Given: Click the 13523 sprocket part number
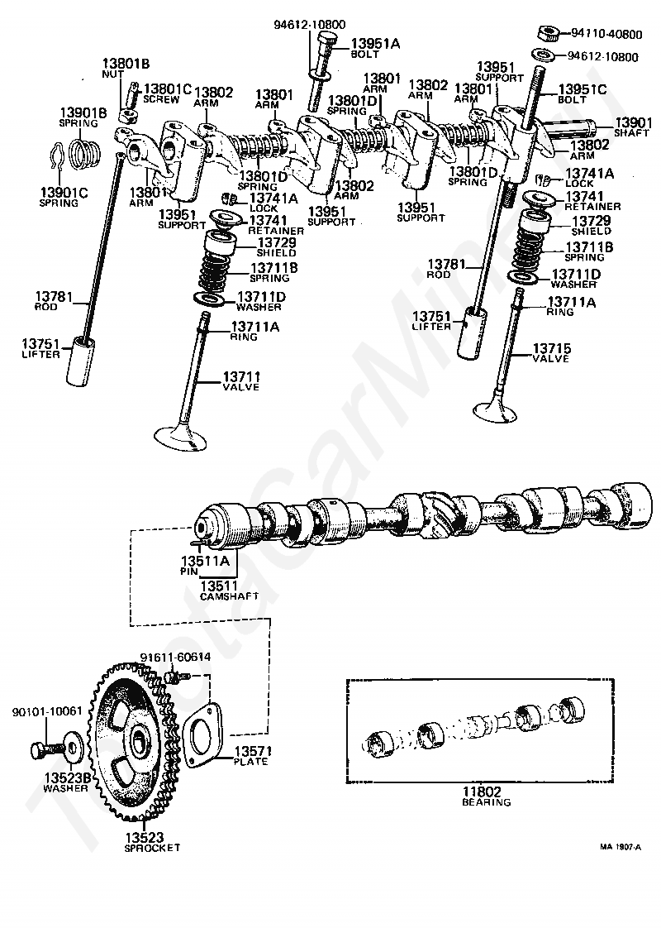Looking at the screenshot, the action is (x=145, y=838).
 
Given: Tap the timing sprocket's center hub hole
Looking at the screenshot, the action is (x=140, y=739).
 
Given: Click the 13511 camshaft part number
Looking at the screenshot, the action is (x=219, y=586).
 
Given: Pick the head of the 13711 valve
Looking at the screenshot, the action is (x=180, y=438).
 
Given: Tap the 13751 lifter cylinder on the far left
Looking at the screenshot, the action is (x=79, y=361).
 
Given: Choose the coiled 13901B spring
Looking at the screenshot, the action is (x=84, y=153).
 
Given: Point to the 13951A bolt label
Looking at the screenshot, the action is (x=375, y=47).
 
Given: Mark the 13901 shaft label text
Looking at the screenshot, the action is (x=632, y=127).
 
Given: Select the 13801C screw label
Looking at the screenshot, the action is (x=168, y=93).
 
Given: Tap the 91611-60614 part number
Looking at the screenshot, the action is (x=175, y=657).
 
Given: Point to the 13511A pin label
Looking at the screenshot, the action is (x=205, y=565).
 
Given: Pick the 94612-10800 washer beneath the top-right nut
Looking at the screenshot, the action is (x=543, y=55).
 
